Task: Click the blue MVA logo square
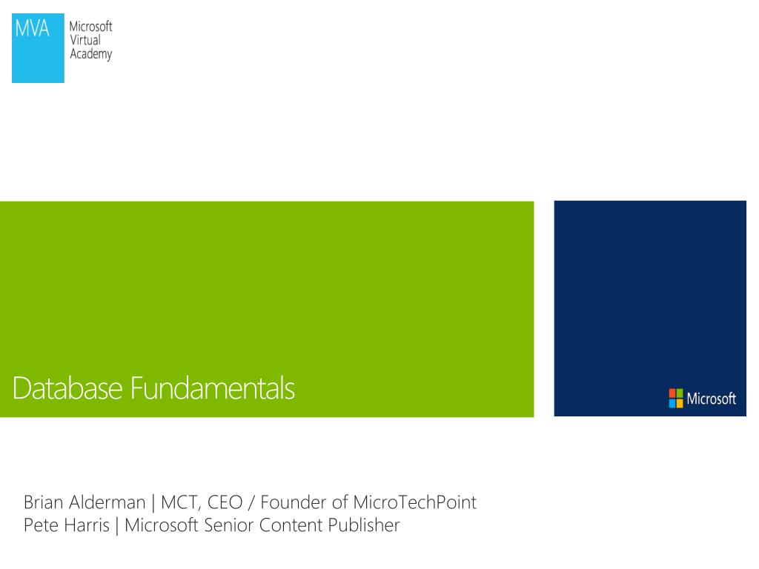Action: tap(38, 50)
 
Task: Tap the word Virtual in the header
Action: tap(84, 41)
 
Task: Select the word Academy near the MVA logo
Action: tap(90, 55)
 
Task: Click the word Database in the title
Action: tap(67, 389)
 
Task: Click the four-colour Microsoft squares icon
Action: tap(676, 399)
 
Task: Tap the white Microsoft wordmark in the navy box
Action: tap(711, 399)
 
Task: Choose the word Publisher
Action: tap(362, 527)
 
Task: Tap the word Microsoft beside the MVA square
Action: tap(90, 27)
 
